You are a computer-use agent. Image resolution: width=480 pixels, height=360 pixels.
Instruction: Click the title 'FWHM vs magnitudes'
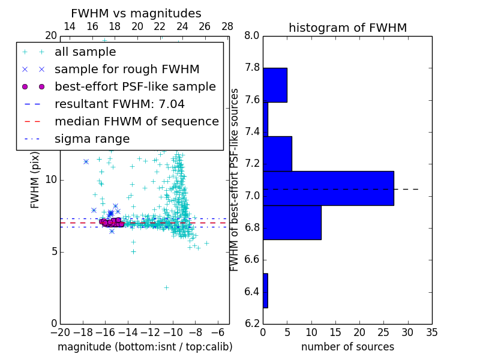(136, 13)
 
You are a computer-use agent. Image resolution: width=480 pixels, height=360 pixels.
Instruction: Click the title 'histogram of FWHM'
(347, 28)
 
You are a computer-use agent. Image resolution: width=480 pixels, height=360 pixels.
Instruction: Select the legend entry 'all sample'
(85, 52)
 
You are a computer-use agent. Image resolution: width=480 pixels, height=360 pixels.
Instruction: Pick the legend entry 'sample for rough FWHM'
(127, 70)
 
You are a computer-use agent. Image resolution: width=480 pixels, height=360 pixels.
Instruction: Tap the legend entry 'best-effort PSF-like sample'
(135, 87)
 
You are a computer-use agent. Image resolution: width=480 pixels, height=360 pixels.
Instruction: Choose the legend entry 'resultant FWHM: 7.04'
(119, 104)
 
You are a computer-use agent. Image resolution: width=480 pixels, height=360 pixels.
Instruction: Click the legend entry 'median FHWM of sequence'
(136, 122)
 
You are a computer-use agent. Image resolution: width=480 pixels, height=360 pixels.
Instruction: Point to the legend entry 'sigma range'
(92, 139)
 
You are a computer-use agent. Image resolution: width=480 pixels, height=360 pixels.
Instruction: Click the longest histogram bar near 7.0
(328, 188)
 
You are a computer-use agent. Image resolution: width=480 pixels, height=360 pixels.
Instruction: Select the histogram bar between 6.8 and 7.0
(292, 222)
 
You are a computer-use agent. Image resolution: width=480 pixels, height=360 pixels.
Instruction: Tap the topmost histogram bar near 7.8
(275, 85)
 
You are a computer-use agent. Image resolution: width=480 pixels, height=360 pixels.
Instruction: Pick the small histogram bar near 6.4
(265, 290)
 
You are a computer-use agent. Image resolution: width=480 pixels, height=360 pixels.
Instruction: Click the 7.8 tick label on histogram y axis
(252, 68)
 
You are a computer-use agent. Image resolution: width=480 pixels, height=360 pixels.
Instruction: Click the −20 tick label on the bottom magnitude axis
(60, 332)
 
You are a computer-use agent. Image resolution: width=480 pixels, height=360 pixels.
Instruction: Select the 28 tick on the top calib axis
(227, 26)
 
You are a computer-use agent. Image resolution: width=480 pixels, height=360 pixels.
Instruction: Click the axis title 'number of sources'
(347, 347)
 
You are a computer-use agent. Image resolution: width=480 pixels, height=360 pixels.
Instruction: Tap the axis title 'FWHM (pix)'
(35, 179)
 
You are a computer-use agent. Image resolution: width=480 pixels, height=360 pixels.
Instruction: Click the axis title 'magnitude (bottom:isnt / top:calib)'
(145, 347)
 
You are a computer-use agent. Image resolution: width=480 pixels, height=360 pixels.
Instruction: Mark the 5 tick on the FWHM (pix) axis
(53, 251)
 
